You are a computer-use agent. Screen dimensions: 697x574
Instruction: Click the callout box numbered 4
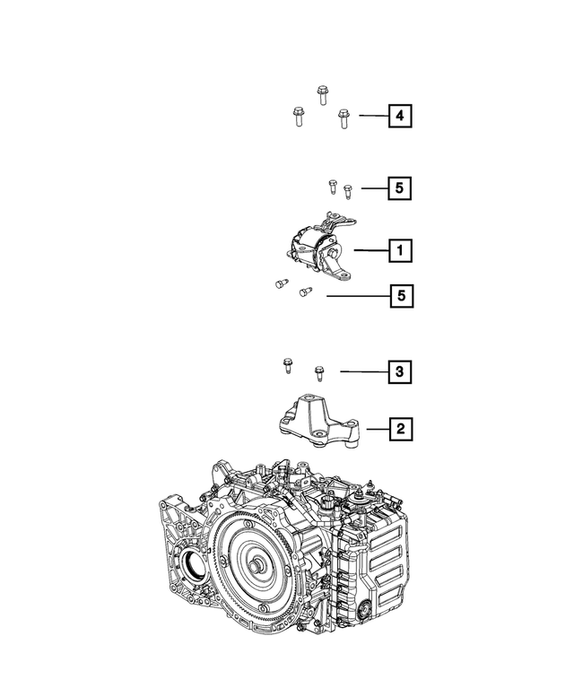(400, 116)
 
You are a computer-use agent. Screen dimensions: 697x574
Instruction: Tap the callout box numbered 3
(400, 370)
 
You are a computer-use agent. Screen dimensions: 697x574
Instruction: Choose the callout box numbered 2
(400, 430)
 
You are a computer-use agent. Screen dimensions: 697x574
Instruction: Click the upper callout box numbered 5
(400, 188)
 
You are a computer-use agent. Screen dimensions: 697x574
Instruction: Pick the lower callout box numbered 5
(400, 294)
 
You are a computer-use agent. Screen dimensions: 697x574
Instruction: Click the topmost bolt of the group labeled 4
(323, 94)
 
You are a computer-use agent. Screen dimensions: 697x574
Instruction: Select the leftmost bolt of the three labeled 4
(297, 118)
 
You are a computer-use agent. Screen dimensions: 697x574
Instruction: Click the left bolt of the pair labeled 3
(286, 364)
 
